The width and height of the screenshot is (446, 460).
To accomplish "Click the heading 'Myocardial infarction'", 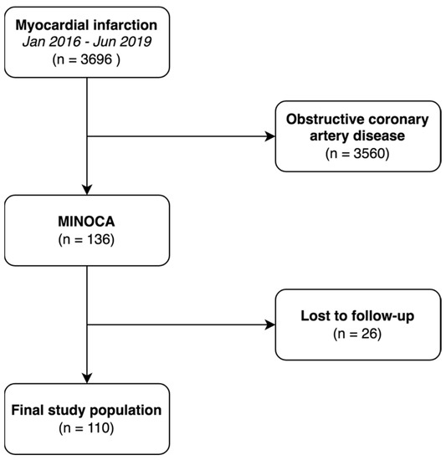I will tap(87, 24).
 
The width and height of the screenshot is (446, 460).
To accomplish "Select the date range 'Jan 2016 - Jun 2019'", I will tap(87, 41).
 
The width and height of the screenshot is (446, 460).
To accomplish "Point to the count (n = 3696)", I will tap(87, 59).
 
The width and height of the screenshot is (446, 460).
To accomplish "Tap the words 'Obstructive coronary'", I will tap(357, 120).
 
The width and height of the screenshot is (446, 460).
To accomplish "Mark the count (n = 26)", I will tap(357, 335).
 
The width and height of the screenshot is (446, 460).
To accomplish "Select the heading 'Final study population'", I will tap(87, 411).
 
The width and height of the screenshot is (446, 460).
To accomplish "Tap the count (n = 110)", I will tap(87, 429).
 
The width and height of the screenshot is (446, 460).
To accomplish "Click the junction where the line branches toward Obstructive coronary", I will tap(87, 137).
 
